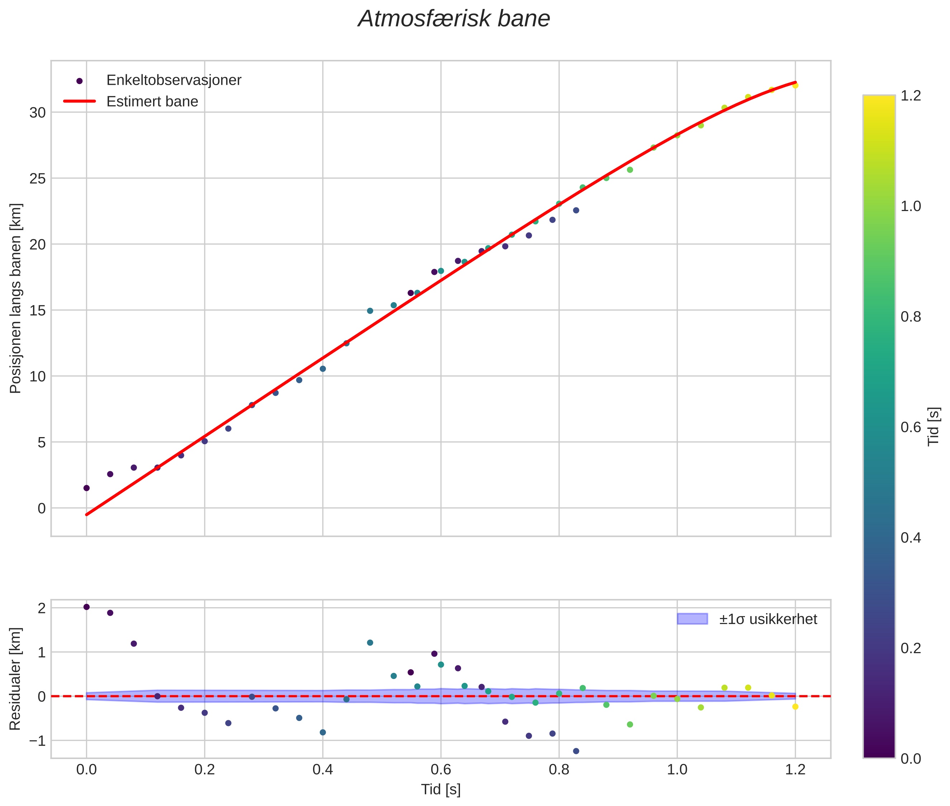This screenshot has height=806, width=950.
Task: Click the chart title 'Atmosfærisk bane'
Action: coord(454,19)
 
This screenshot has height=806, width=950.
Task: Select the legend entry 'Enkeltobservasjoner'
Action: coord(174,80)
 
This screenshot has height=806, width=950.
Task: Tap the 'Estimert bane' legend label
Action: coord(152,102)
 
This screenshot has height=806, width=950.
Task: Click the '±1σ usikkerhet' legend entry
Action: coord(768,619)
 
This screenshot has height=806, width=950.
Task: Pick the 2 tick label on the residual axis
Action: coord(42,608)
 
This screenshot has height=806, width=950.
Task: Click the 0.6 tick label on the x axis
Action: coord(441,770)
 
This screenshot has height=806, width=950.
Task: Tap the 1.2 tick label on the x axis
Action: coord(795,770)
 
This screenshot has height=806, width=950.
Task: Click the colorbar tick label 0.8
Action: coord(911,317)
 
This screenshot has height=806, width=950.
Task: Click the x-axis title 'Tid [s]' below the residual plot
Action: coord(441,789)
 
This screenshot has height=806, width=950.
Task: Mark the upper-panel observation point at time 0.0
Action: coord(86,488)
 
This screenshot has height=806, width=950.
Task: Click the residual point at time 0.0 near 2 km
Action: coord(86,607)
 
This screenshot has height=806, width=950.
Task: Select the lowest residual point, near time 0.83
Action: coord(576,751)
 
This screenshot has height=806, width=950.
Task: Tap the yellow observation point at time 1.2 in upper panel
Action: coord(795,85)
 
